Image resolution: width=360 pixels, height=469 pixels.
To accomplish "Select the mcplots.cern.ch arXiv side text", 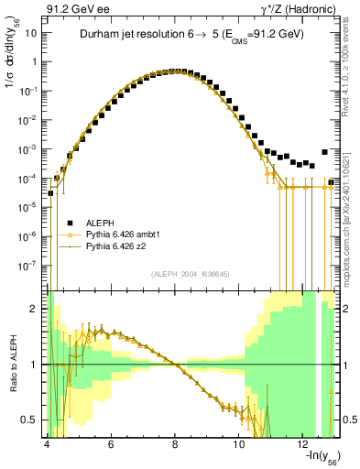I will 350,211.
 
